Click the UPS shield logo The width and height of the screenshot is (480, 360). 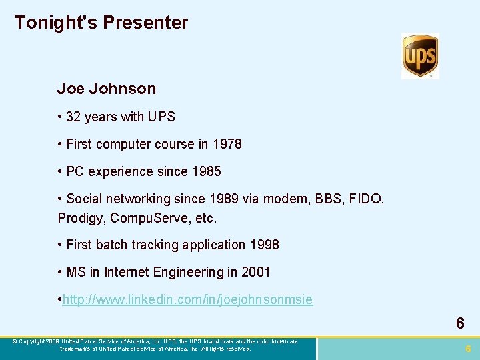click(x=420, y=56)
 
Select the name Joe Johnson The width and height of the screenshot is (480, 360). click(x=106, y=89)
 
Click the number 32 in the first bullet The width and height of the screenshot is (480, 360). click(x=73, y=117)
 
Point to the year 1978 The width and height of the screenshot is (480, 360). click(x=228, y=144)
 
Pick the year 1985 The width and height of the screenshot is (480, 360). click(x=207, y=171)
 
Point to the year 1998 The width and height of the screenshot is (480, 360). click(x=265, y=245)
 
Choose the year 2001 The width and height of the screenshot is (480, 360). click(x=257, y=272)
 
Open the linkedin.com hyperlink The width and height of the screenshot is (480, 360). click(x=187, y=299)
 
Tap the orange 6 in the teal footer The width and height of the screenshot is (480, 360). click(x=469, y=349)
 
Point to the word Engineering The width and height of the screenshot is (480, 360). click(x=187, y=272)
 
